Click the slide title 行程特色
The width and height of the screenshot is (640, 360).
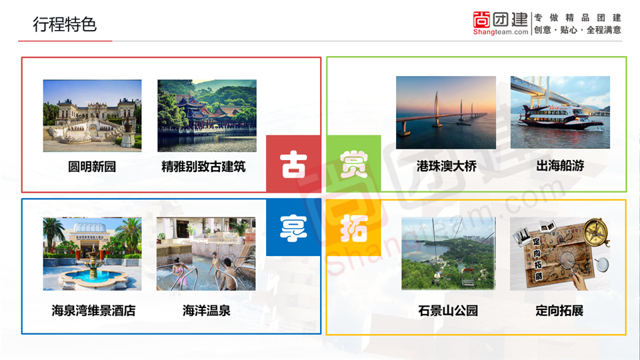(x=65, y=25)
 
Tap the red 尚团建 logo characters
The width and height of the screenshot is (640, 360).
(x=501, y=19)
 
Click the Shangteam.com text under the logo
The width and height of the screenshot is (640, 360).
(x=501, y=32)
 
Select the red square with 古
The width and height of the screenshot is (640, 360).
(x=293, y=164)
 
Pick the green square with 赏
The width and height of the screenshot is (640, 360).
(x=354, y=164)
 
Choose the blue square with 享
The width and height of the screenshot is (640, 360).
(x=293, y=227)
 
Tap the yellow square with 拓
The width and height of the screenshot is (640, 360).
(x=354, y=227)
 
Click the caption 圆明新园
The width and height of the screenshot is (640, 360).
(x=92, y=167)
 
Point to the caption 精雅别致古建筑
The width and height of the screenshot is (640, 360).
(x=203, y=167)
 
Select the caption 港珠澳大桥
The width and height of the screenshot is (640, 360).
(x=447, y=166)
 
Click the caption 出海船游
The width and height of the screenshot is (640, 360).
(x=560, y=166)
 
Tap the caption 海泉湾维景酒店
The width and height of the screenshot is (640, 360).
(x=93, y=311)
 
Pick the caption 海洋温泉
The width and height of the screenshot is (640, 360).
(x=206, y=311)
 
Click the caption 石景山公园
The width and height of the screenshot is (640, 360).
(x=448, y=311)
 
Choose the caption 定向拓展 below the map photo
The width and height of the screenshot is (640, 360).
(x=559, y=311)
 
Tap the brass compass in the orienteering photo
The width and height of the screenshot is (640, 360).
(x=596, y=232)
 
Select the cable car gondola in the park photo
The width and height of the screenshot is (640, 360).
(x=468, y=278)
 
